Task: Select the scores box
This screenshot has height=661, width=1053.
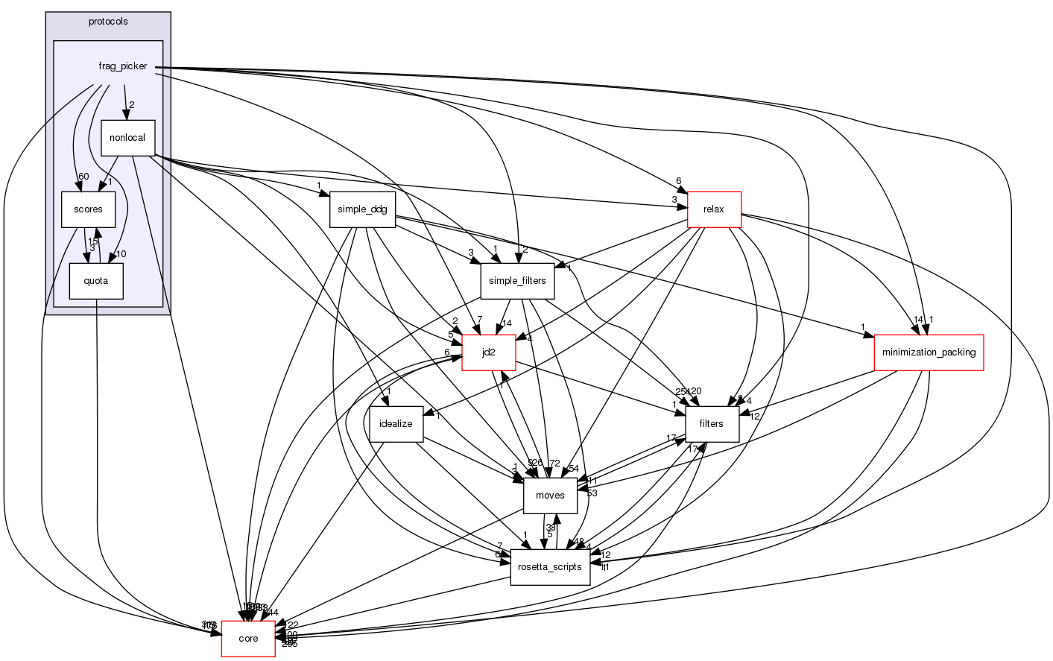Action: point(88,209)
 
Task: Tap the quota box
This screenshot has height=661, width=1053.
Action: point(95,281)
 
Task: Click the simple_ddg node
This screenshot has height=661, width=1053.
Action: point(362,209)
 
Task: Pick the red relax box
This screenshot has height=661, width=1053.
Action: point(713,209)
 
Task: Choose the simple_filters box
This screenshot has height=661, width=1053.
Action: point(517,281)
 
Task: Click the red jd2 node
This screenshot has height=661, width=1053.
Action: point(488,352)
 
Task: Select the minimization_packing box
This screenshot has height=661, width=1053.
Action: point(929,352)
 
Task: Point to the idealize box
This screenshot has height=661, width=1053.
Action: point(396,424)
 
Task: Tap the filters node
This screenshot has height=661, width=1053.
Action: point(711,424)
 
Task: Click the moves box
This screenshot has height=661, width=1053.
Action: point(550,496)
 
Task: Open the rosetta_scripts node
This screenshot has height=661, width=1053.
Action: point(550,567)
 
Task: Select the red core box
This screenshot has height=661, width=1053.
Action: point(248,639)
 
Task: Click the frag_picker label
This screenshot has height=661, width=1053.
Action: point(123,66)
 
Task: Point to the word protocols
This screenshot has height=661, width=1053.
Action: point(108,22)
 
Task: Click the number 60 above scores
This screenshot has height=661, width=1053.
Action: point(83,177)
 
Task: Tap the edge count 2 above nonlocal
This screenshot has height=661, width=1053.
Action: point(131,105)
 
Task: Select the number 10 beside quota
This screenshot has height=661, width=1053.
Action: point(121,254)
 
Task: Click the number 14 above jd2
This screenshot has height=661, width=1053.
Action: point(507,323)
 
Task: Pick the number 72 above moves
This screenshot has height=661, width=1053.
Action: point(554,464)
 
